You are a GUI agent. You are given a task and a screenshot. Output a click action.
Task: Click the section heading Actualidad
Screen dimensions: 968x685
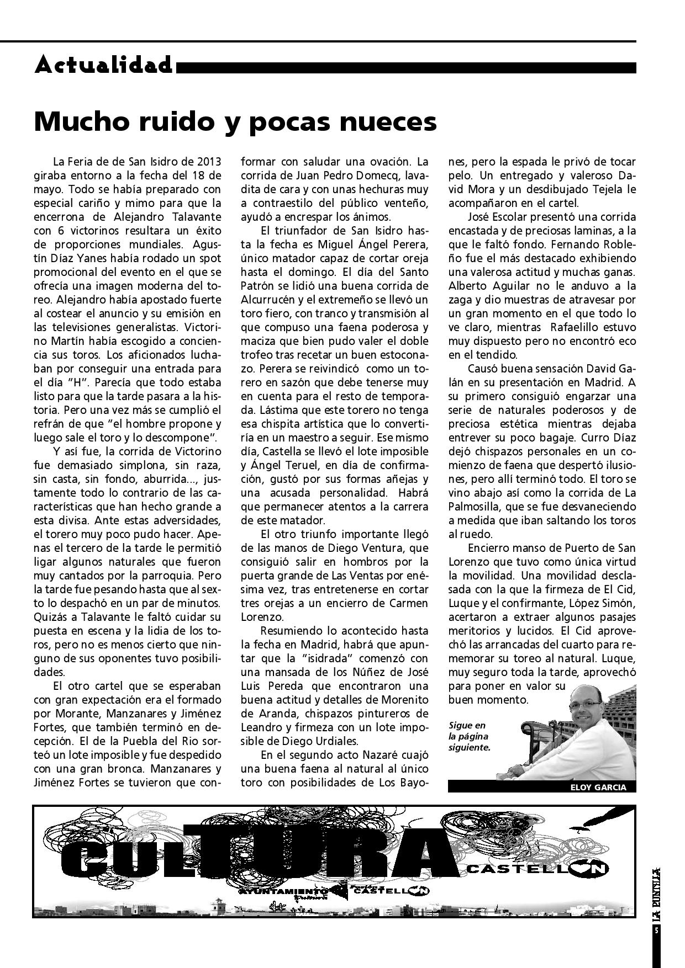103,66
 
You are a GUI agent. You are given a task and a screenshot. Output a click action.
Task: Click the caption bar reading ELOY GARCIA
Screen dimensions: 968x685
598,788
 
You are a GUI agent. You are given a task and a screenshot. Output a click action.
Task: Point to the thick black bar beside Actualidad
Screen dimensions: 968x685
406,68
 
